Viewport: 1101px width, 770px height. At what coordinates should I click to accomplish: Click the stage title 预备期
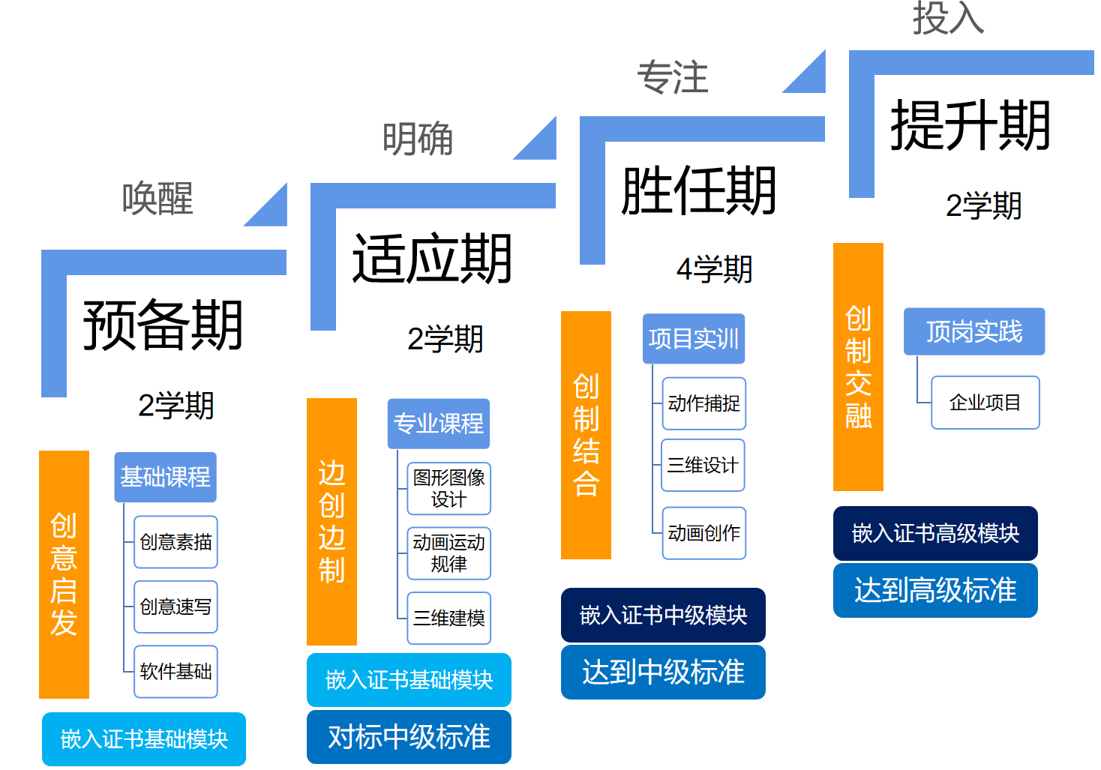(163, 325)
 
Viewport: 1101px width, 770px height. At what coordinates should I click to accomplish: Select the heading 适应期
(432, 259)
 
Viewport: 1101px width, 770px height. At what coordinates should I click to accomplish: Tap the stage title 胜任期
(698, 191)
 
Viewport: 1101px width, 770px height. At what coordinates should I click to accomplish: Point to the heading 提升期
(970, 126)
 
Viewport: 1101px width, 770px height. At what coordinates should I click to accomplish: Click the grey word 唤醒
(157, 199)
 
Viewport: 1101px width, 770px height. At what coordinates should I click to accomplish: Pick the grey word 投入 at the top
(948, 18)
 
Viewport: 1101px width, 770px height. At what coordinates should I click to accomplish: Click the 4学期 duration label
(714, 269)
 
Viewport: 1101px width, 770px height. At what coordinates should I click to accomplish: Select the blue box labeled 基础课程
(165, 477)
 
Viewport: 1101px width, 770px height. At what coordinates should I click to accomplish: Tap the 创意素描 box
(175, 541)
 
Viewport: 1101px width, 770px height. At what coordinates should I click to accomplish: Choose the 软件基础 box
(175, 671)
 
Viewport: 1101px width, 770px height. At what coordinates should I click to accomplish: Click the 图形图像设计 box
(448, 488)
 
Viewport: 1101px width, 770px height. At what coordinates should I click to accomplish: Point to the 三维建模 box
(448, 618)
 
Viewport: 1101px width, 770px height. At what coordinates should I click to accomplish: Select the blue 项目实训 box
(693, 339)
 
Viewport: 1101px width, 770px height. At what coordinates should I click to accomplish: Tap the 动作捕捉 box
(703, 403)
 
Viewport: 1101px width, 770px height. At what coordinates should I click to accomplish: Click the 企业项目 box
(985, 403)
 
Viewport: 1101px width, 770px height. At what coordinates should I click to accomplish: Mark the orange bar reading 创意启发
(64, 574)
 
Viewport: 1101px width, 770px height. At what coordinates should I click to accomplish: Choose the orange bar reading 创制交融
(858, 367)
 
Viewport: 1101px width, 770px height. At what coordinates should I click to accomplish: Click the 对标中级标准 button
(409, 737)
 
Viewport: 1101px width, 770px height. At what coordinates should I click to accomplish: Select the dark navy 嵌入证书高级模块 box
(935, 533)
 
